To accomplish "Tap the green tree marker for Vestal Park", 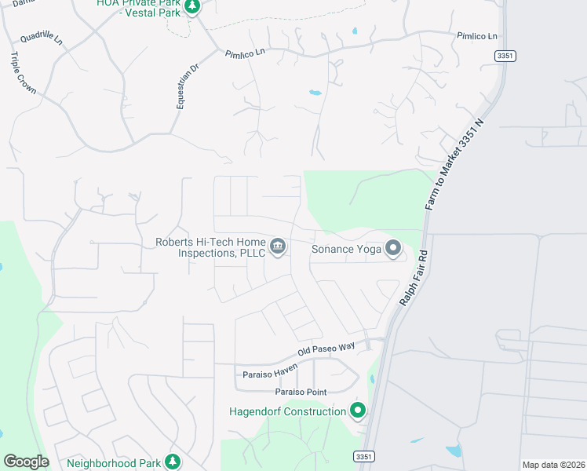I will tap(192, 6).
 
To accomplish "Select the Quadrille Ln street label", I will tap(41, 38).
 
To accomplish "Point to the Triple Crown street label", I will tap(23, 73).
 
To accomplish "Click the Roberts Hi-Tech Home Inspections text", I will tap(210, 247).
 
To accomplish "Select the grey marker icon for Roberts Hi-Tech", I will tap(277, 247).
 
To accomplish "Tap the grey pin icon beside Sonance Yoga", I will tap(392, 249).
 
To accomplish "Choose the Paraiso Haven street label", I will tap(272, 374).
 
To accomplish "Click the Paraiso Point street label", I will tap(305, 391).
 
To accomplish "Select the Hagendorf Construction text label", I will tap(287, 411).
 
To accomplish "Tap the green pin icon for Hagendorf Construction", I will tap(358, 411).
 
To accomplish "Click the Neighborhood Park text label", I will tap(113, 462).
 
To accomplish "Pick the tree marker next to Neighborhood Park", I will tap(172, 462).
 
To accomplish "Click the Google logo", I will tap(26, 462).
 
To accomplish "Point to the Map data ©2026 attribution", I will tap(552, 465).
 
